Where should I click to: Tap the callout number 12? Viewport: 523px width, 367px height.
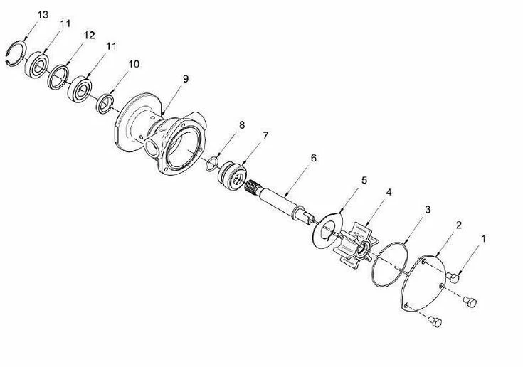tap(89, 35)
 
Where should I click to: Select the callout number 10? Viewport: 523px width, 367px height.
tap(134, 63)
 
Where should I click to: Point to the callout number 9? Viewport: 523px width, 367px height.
tap(186, 78)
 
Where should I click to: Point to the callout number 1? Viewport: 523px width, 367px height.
tap(484, 240)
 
